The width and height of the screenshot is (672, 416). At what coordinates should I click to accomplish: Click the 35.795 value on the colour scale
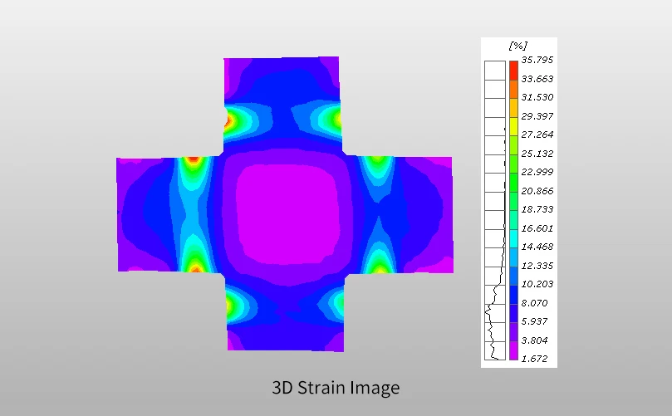(x=537, y=60)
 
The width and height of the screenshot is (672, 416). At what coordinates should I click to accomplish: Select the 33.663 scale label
(x=537, y=79)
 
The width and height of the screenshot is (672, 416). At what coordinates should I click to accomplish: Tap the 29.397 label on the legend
(x=537, y=116)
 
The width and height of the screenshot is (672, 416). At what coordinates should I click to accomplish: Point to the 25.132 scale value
(x=537, y=154)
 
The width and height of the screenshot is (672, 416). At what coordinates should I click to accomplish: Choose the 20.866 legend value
(x=537, y=191)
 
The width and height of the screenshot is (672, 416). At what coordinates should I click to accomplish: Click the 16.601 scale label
(x=537, y=228)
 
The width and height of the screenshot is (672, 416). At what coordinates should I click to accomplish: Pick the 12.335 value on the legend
(x=537, y=266)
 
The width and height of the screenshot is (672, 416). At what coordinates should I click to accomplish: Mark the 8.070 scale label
(x=534, y=303)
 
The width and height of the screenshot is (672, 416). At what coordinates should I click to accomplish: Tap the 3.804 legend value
(x=534, y=340)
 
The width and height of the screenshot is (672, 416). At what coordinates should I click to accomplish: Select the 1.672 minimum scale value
(x=534, y=359)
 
